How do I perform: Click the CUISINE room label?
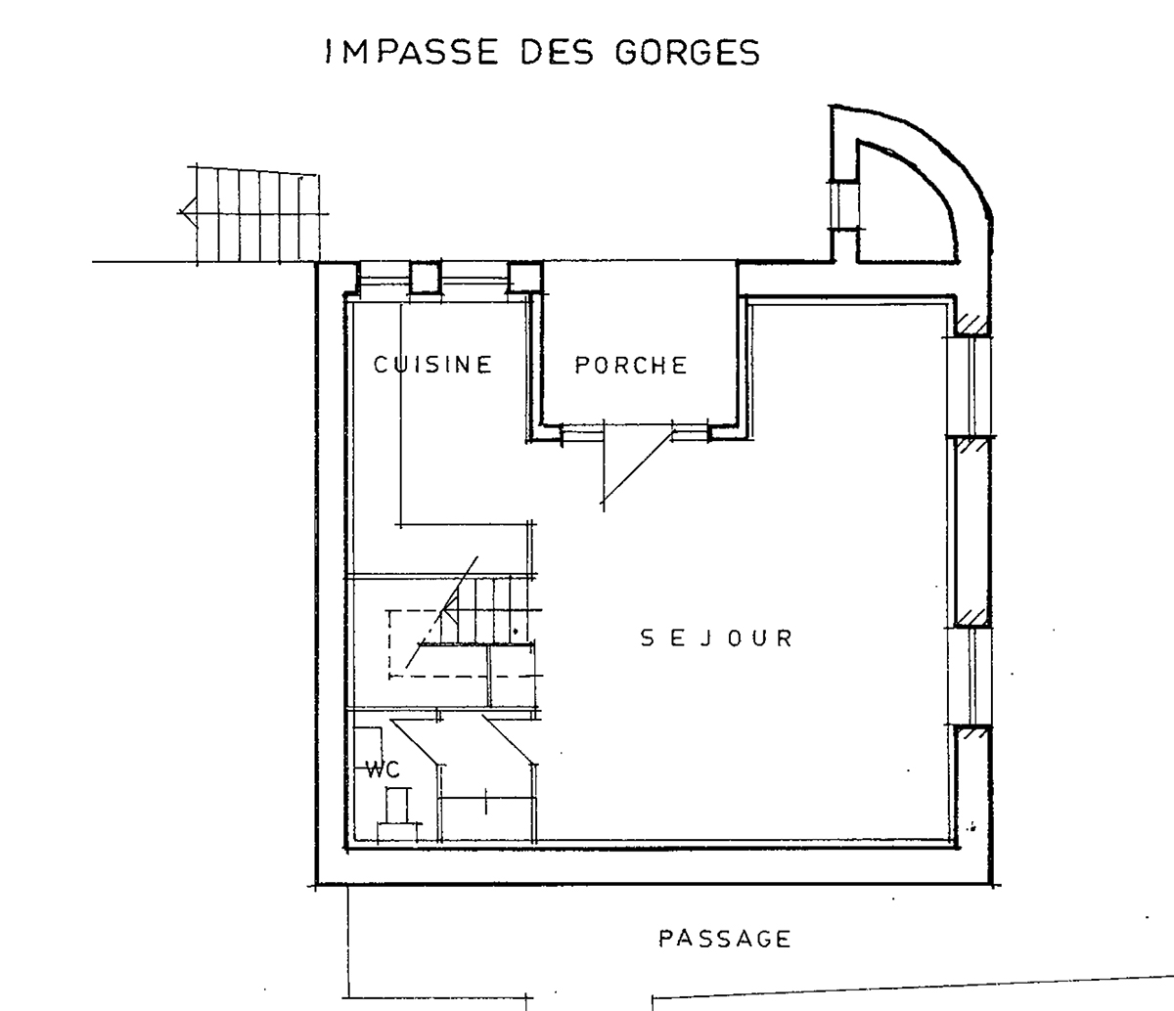(x=433, y=365)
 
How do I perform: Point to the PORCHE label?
(x=631, y=366)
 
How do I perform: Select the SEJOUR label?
(x=716, y=638)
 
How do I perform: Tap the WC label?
(x=384, y=769)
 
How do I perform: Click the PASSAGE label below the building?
(x=724, y=940)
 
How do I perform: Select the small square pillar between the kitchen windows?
(x=424, y=278)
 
